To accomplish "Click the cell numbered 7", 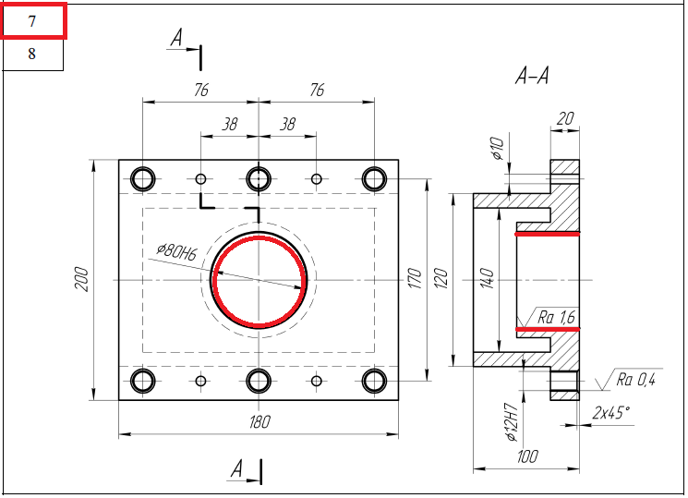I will tap(33, 21).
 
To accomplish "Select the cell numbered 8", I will tap(32, 55).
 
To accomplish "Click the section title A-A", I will tap(532, 77).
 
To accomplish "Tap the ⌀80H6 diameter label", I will tap(177, 250).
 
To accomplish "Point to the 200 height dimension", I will tap(80, 279).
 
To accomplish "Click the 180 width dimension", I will tap(260, 422).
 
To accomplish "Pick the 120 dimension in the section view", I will tap(441, 278).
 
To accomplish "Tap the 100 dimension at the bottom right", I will tap(527, 456).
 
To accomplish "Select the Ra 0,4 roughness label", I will tap(635, 378).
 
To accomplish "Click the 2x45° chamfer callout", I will tap(611, 412).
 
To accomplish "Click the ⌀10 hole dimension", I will tap(498, 148).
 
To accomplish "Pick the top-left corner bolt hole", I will tap(143, 177).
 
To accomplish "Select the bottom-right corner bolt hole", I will tap(374, 380).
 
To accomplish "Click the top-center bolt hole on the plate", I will tap(259, 177).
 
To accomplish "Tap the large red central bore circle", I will tap(260, 281).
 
